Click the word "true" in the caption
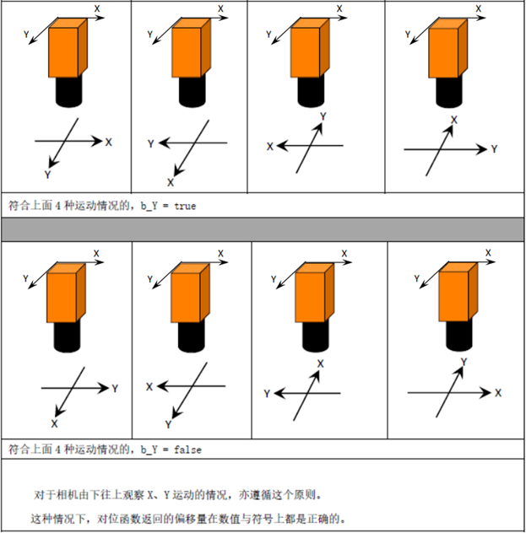pos(185,206)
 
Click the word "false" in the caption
pos(187,450)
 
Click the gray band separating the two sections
pos(263,229)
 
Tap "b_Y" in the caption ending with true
pos(149,206)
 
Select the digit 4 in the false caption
pos(58,450)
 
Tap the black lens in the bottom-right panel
pos(459,335)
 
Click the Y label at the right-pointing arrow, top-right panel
pos(495,149)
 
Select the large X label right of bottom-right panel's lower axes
pos(498,393)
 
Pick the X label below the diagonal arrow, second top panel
pos(171,182)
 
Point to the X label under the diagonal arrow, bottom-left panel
pos(54,423)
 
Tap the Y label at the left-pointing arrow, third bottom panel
pos(267,394)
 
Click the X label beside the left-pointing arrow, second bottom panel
pos(149,387)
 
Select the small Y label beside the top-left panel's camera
pos(26,35)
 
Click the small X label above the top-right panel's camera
pos(479,8)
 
